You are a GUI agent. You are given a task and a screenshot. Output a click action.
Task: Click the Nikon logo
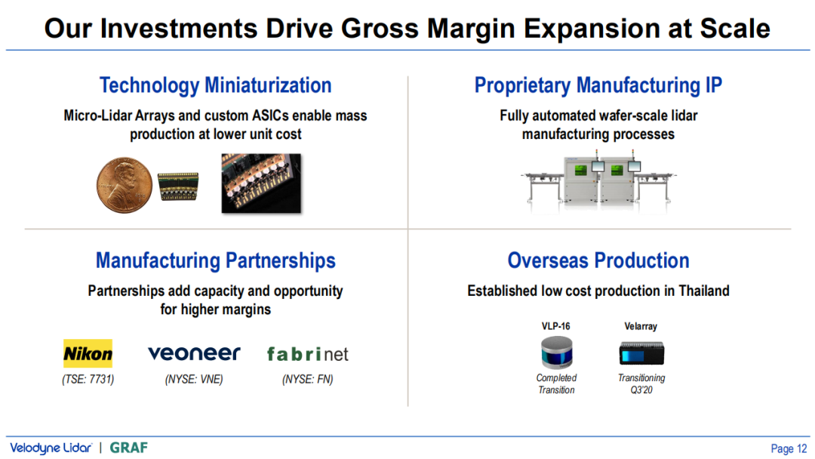88,353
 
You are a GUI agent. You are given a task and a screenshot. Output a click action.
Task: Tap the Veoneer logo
194,353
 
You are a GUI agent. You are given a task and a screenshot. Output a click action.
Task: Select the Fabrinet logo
307,354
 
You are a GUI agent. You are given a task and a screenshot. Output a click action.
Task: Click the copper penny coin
125,185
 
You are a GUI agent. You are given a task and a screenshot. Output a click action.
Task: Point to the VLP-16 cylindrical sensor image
556,352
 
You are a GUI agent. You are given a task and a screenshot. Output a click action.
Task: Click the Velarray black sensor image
641,353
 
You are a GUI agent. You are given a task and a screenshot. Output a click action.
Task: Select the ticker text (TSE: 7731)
88,380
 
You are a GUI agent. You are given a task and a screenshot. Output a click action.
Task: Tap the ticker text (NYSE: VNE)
194,380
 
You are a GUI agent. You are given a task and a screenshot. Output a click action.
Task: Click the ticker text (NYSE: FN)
308,380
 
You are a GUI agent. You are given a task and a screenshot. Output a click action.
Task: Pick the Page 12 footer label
789,448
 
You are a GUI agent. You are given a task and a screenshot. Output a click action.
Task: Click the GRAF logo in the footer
129,448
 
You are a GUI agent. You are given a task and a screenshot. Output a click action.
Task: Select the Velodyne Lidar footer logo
51,448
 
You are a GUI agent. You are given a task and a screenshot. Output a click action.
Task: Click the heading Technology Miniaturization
216,85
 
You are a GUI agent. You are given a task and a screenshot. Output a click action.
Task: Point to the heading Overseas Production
598,260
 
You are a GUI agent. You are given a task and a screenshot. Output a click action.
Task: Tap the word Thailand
704,291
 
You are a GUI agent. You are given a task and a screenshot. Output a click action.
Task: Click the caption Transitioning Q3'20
641,384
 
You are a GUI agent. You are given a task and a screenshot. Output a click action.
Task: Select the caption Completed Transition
556,384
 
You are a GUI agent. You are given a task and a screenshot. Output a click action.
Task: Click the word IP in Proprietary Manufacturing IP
714,85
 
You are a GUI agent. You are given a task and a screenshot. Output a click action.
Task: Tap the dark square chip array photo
261,183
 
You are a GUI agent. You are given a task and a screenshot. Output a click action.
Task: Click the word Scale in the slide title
735,29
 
